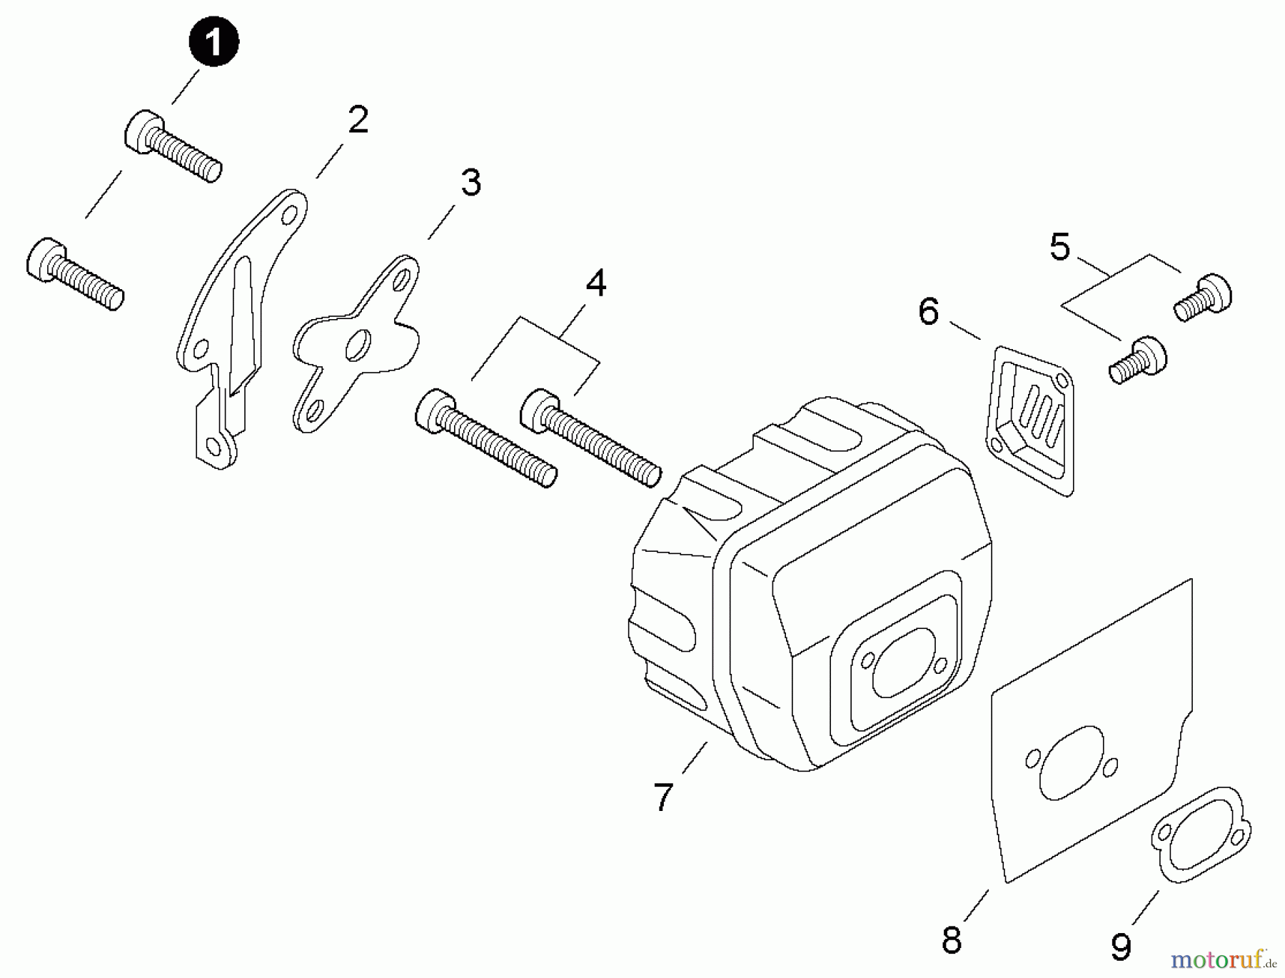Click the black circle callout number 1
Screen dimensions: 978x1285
[x=213, y=43]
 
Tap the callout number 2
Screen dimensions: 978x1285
[x=358, y=120]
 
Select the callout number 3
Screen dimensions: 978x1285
[x=470, y=183]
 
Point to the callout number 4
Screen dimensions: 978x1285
[x=595, y=283]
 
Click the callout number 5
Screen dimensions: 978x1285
[x=1060, y=248]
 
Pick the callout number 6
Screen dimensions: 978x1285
[x=928, y=312]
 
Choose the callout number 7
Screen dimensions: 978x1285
[x=663, y=797]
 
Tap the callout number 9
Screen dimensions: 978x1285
[x=1121, y=947]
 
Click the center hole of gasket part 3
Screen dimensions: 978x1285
[x=356, y=345]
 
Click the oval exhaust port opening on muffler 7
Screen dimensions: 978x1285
[x=902, y=663]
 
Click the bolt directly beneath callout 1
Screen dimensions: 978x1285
[x=172, y=147]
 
